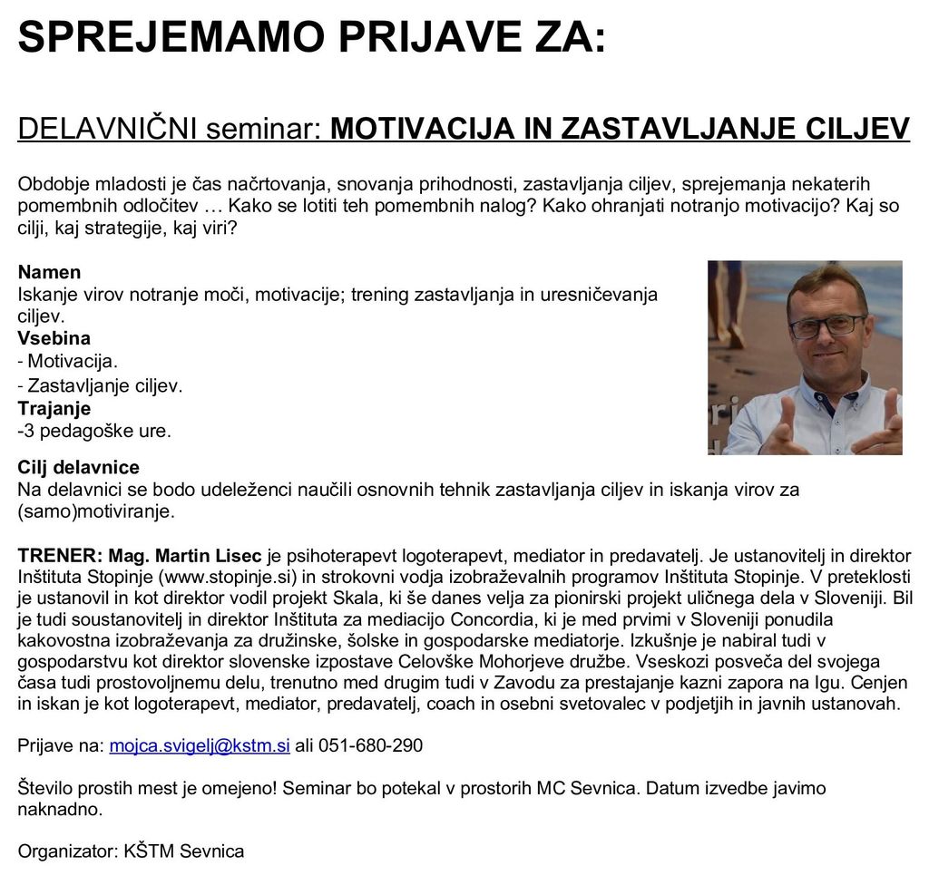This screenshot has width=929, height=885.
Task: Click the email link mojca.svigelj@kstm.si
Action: click(x=200, y=746)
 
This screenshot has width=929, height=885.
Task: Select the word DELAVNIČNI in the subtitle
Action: click(x=108, y=130)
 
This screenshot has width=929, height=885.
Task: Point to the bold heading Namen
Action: click(x=49, y=272)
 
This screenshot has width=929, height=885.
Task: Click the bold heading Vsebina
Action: click(x=54, y=339)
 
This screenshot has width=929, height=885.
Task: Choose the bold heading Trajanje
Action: click(x=54, y=408)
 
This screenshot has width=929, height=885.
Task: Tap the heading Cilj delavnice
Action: click(x=79, y=468)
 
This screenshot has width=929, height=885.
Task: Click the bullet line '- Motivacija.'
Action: click(x=68, y=362)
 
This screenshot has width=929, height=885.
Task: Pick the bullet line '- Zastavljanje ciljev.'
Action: click(x=101, y=385)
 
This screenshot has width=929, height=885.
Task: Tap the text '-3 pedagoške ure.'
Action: click(x=94, y=431)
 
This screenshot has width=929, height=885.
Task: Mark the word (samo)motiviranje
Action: click(x=95, y=511)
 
